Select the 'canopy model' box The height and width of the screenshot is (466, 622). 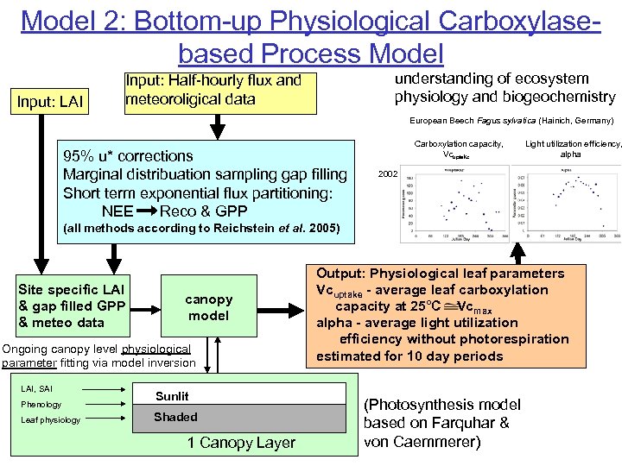(208, 307)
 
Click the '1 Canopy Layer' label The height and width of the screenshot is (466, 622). (241, 443)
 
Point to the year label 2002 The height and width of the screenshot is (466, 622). (389, 173)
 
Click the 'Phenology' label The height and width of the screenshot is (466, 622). (41, 404)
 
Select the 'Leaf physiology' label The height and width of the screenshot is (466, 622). (50, 420)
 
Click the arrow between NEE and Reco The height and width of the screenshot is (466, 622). (145, 211)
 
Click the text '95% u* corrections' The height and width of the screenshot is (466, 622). (128, 155)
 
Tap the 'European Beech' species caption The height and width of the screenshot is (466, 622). (439, 121)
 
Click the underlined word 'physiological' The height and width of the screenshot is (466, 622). (155, 349)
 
